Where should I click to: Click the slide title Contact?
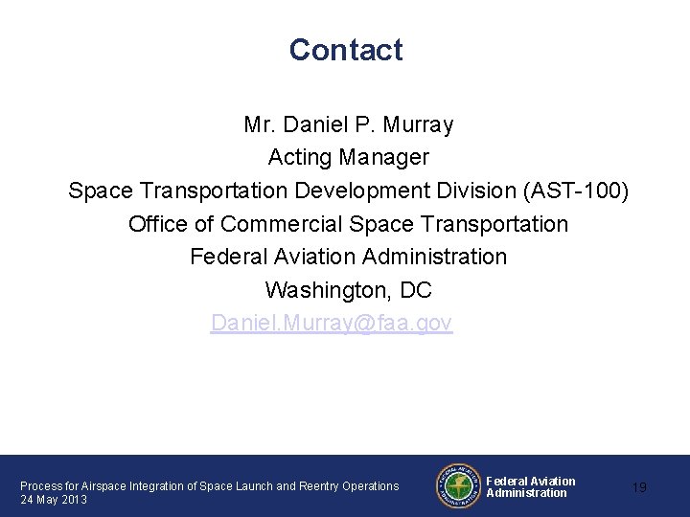346,50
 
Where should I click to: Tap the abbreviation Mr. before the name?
258,124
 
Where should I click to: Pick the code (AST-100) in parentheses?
576,191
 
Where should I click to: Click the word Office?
158,224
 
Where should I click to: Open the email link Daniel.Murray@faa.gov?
332,323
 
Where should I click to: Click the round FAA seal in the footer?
458,485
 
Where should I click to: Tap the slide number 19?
639,488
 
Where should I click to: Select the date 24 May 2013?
54,500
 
